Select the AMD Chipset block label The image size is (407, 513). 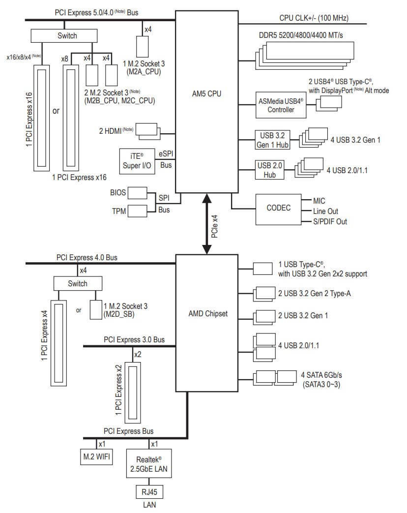[x=208, y=313]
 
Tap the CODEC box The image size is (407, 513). [x=278, y=208]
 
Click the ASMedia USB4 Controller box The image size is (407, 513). [x=281, y=105]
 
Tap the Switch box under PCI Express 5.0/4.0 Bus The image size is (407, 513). [x=67, y=36]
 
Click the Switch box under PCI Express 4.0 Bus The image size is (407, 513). [x=78, y=283]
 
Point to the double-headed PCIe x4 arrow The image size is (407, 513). [x=207, y=224]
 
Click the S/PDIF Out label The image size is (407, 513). [x=330, y=221]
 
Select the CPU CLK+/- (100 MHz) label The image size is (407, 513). [x=314, y=18]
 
